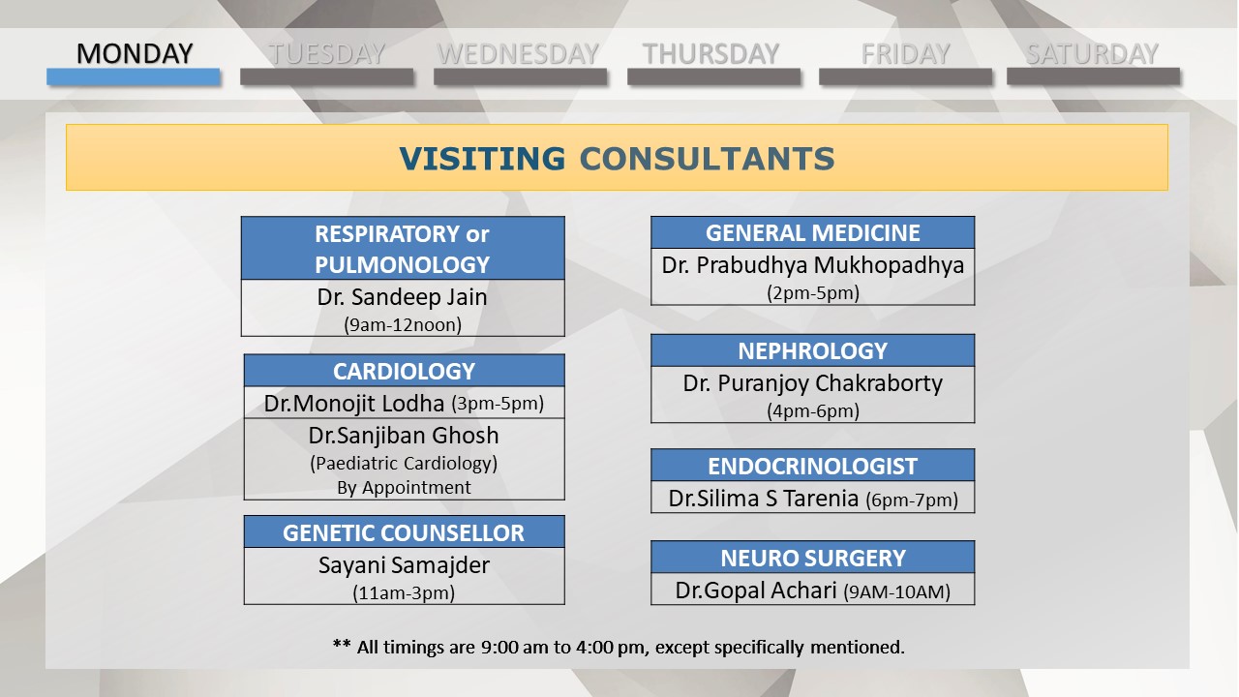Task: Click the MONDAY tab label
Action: [x=135, y=53]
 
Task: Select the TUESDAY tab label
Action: [x=327, y=53]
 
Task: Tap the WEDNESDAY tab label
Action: [x=518, y=53]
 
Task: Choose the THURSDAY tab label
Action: [x=711, y=53]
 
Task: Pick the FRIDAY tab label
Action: [x=905, y=53]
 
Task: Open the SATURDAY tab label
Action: [x=1093, y=53]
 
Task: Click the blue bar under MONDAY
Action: [x=134, y=76]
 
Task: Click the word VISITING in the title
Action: [x=482, y=159]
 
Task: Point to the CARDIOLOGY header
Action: [x=404, y=371]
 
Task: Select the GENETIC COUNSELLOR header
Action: [x=404, y=533]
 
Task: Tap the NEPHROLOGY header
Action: [x=812, y=351]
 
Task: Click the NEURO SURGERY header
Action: [x=812, y=559]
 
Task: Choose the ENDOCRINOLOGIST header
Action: [x=812, y=467]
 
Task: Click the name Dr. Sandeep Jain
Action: [x=402, y=297]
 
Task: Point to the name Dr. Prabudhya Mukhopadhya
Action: [x=812, y=265]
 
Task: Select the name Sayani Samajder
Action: [x=404, y=565]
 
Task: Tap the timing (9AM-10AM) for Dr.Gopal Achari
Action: [x=896, y=591]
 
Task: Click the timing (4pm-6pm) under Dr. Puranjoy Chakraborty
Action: [x=812, y=411]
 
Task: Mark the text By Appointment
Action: [x=404, y=488]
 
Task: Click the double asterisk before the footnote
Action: [x=342, y=644]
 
